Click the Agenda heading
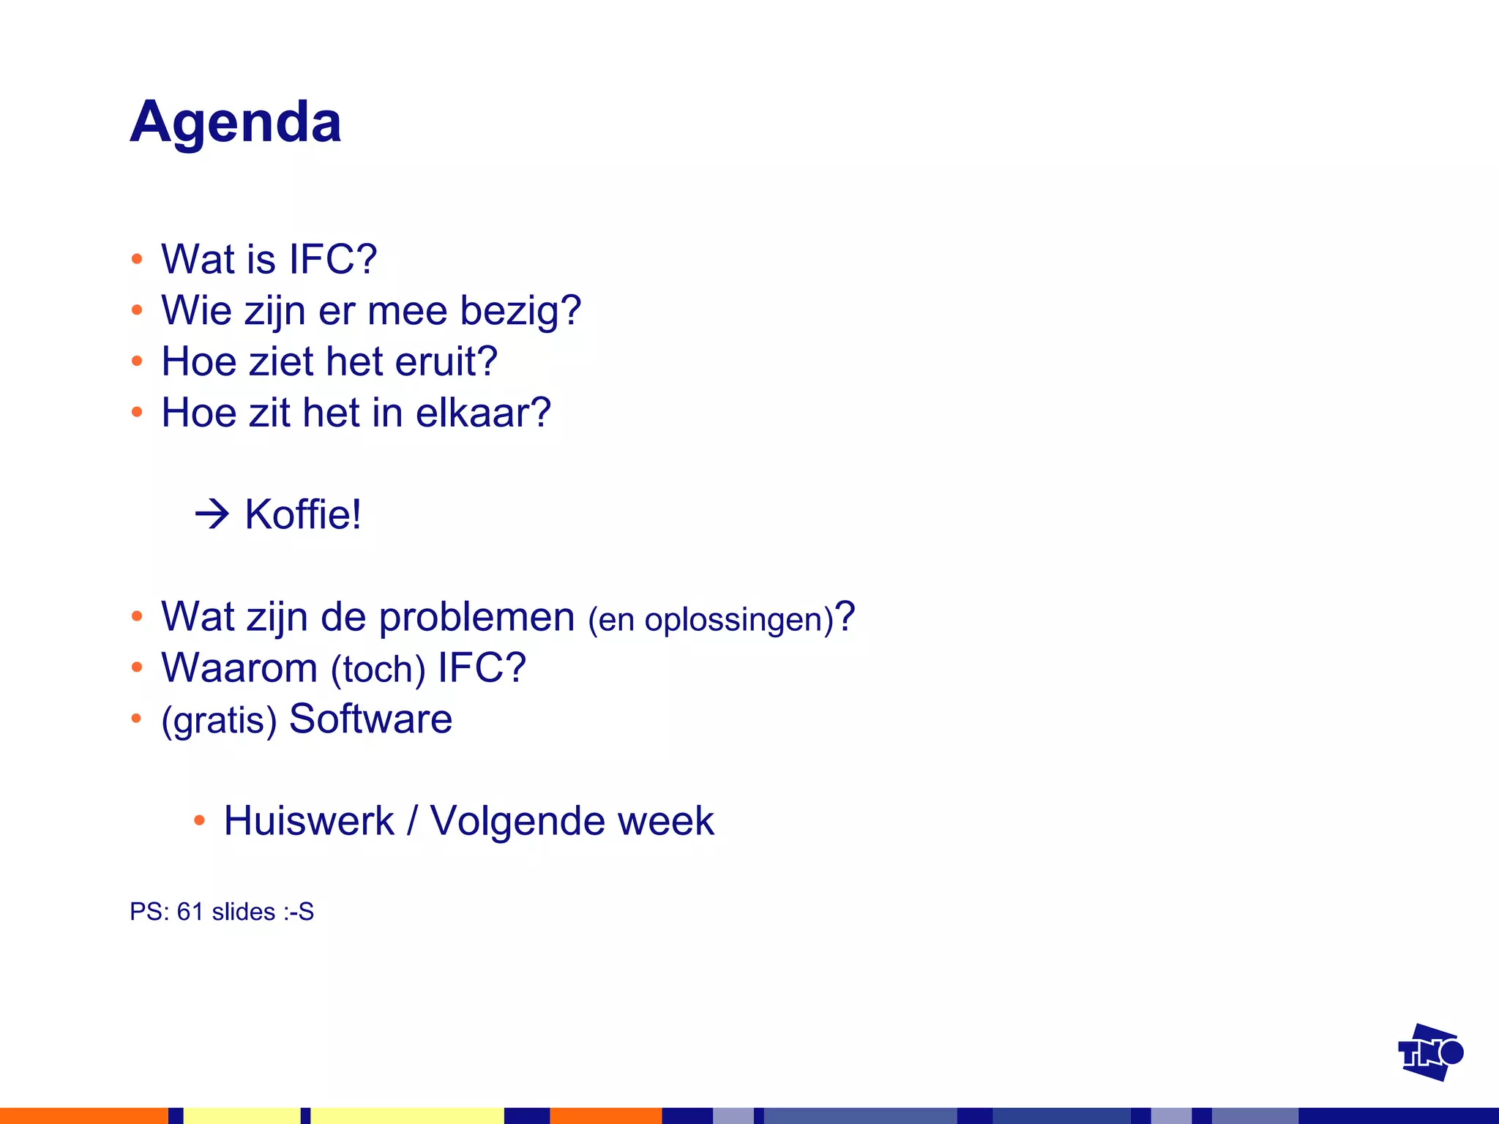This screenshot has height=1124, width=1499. tap(236, 123)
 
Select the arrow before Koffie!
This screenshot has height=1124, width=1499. tap(212, 514)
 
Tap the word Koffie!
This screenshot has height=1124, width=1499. tap(303, 514)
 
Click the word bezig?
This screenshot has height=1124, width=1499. tap(520, 311)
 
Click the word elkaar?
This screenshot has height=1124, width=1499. tap(483, 413)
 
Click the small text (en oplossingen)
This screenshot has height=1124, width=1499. tap(711, 620)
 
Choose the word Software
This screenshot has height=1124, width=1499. tap(370, 719)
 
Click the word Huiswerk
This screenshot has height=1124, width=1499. tap(309, 820)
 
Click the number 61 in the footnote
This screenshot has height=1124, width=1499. tap(190, 912)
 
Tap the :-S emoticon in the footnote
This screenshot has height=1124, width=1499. tap(298, 912)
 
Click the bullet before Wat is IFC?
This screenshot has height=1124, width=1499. tap(137, 259)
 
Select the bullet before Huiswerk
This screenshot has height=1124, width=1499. tap(199, 820)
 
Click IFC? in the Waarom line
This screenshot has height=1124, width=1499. tap(482, 667)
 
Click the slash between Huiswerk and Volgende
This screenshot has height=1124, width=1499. tap(412, 820)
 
